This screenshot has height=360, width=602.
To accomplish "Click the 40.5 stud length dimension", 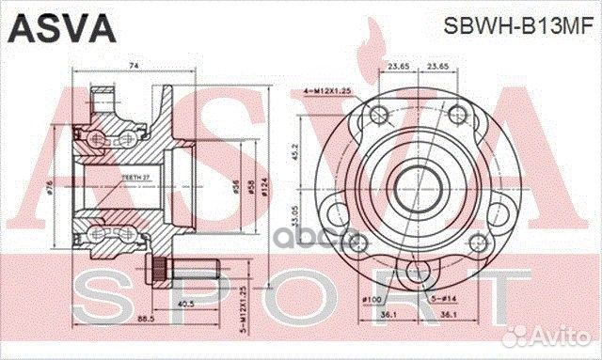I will point(185,303).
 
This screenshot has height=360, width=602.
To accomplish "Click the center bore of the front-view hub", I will point(415,179).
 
